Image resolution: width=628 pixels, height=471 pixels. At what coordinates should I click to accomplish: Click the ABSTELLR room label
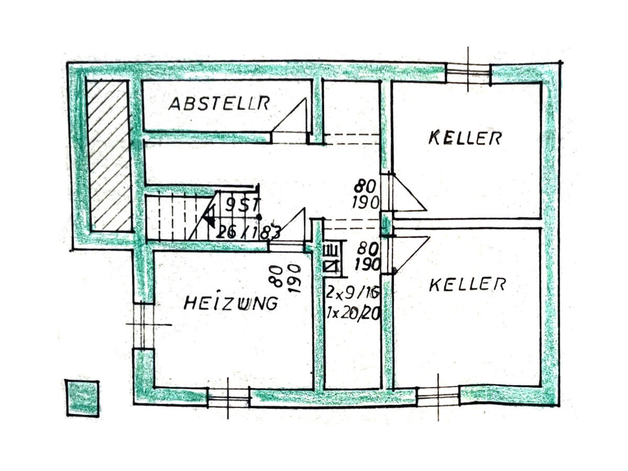(x=219, y=103)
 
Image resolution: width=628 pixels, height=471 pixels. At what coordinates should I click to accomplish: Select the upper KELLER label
(x=465, y=138)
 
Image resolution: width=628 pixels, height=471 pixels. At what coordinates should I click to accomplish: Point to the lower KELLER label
(x=467, y=285)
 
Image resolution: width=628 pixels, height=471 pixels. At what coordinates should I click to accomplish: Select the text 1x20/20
(x=352, y=313)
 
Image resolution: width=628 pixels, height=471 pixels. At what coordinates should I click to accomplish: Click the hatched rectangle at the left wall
(x=108, y=156)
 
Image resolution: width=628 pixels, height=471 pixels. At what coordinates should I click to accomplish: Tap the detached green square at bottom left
(x=82, y=398)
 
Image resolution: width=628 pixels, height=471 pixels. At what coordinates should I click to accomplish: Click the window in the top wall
(x=468, y=73)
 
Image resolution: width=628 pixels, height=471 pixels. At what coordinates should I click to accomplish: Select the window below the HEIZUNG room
(x=228, y=398)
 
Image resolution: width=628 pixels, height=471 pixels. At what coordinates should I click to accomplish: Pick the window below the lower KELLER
(x=438, y=396)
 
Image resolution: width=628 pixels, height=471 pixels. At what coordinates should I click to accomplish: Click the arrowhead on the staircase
(x=209, y=216)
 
